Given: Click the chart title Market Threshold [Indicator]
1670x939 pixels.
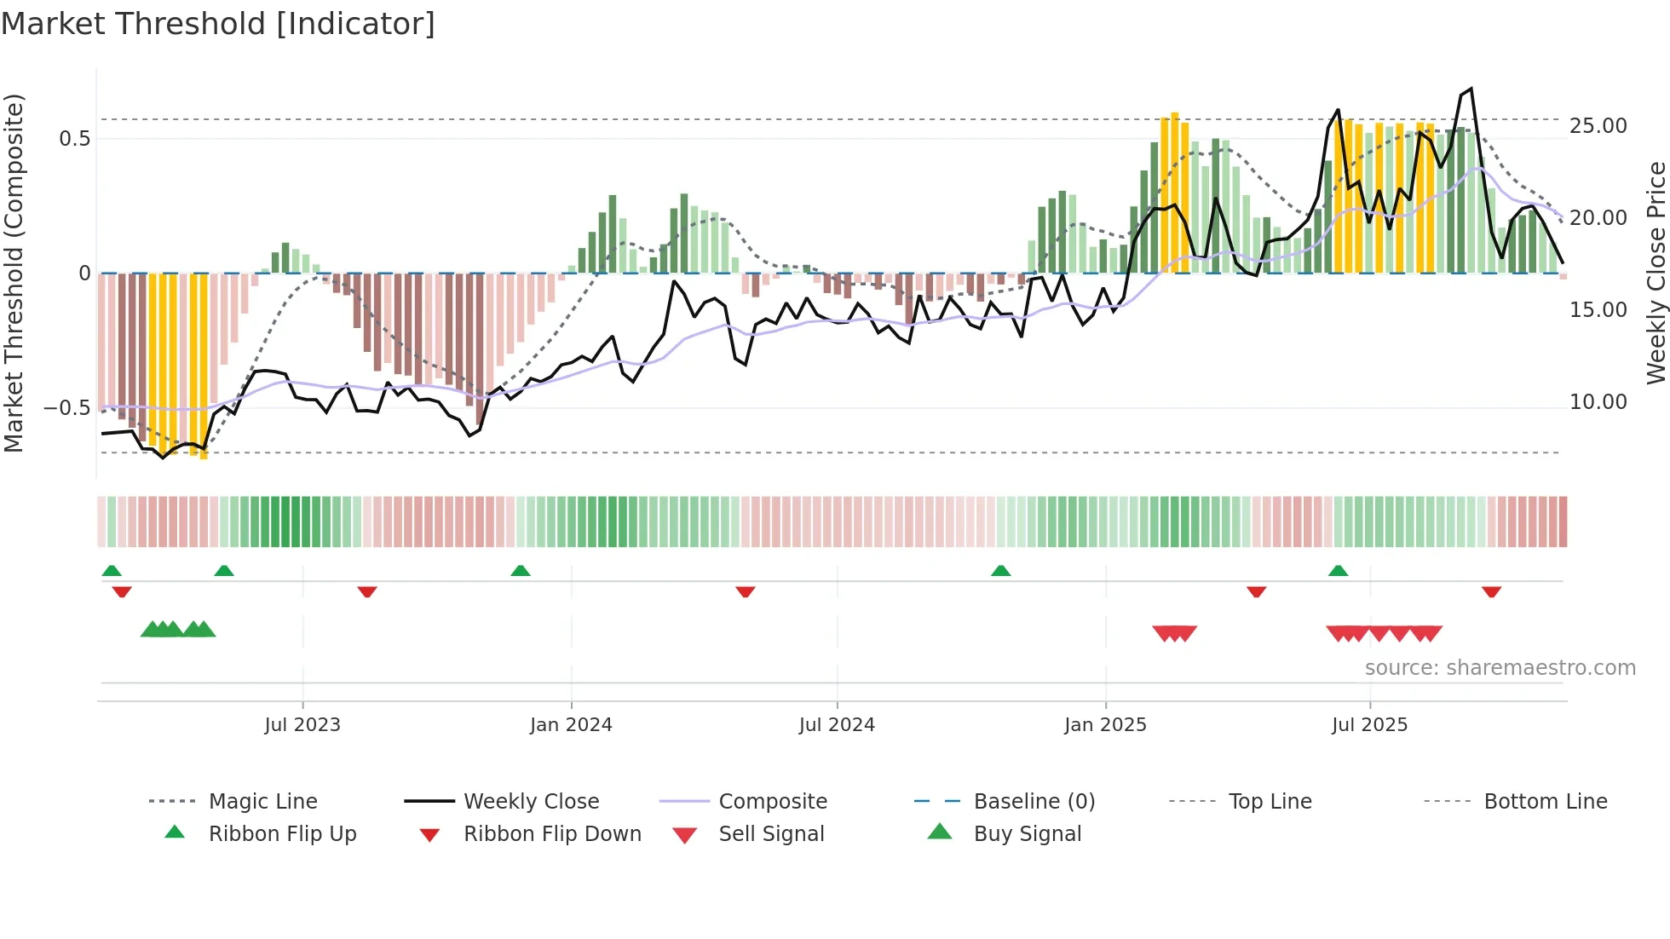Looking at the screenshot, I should point(218,24).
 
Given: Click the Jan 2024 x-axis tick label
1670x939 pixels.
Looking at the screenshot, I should point(571,724).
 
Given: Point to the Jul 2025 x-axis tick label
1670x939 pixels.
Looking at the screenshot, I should point(1369,724).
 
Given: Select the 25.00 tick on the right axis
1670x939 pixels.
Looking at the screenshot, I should point(1598,126).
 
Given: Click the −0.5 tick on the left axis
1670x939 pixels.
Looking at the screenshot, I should point(67,407).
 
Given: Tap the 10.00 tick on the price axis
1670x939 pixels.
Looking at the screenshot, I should point(1598,401).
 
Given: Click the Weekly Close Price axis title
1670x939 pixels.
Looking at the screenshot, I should point(1656,273).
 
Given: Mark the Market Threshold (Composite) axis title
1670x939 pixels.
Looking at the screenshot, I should point(14,273).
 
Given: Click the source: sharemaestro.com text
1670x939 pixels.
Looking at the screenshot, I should point(1500,667).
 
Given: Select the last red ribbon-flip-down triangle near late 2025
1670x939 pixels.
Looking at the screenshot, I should point(1491,591).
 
